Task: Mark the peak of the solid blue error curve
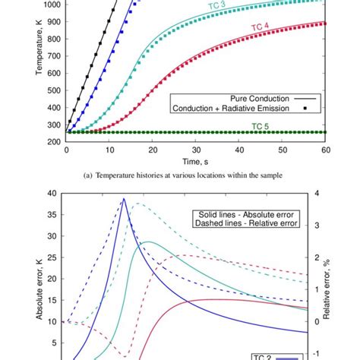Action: [124, 199]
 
